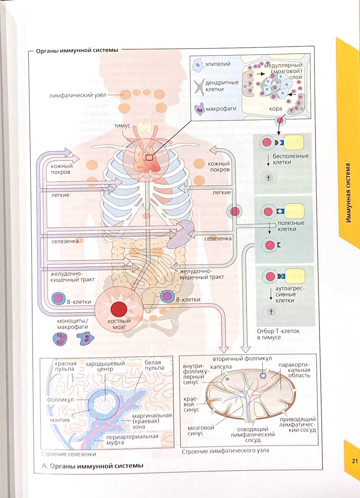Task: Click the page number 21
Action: point(354,461)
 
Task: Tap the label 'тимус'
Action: point(122,126)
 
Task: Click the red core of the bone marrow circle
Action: point(119,308)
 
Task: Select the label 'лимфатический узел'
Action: point(78,95)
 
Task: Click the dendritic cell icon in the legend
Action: point(199,87)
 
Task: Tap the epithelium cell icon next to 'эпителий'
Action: point(198,65)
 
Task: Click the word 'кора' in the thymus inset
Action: point(275,109)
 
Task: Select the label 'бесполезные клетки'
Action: point(290,159)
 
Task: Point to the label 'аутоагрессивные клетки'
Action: point(290,294)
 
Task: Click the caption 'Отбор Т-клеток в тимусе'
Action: point(278,334)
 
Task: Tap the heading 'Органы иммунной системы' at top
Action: point(77,50)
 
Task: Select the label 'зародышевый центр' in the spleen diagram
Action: point(105,367)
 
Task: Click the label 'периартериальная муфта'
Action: point(132,440)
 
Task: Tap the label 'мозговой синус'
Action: point(200,431)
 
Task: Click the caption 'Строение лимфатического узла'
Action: point(225,451)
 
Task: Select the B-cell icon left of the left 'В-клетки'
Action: point(58,298)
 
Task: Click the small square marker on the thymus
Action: point(149,158)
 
